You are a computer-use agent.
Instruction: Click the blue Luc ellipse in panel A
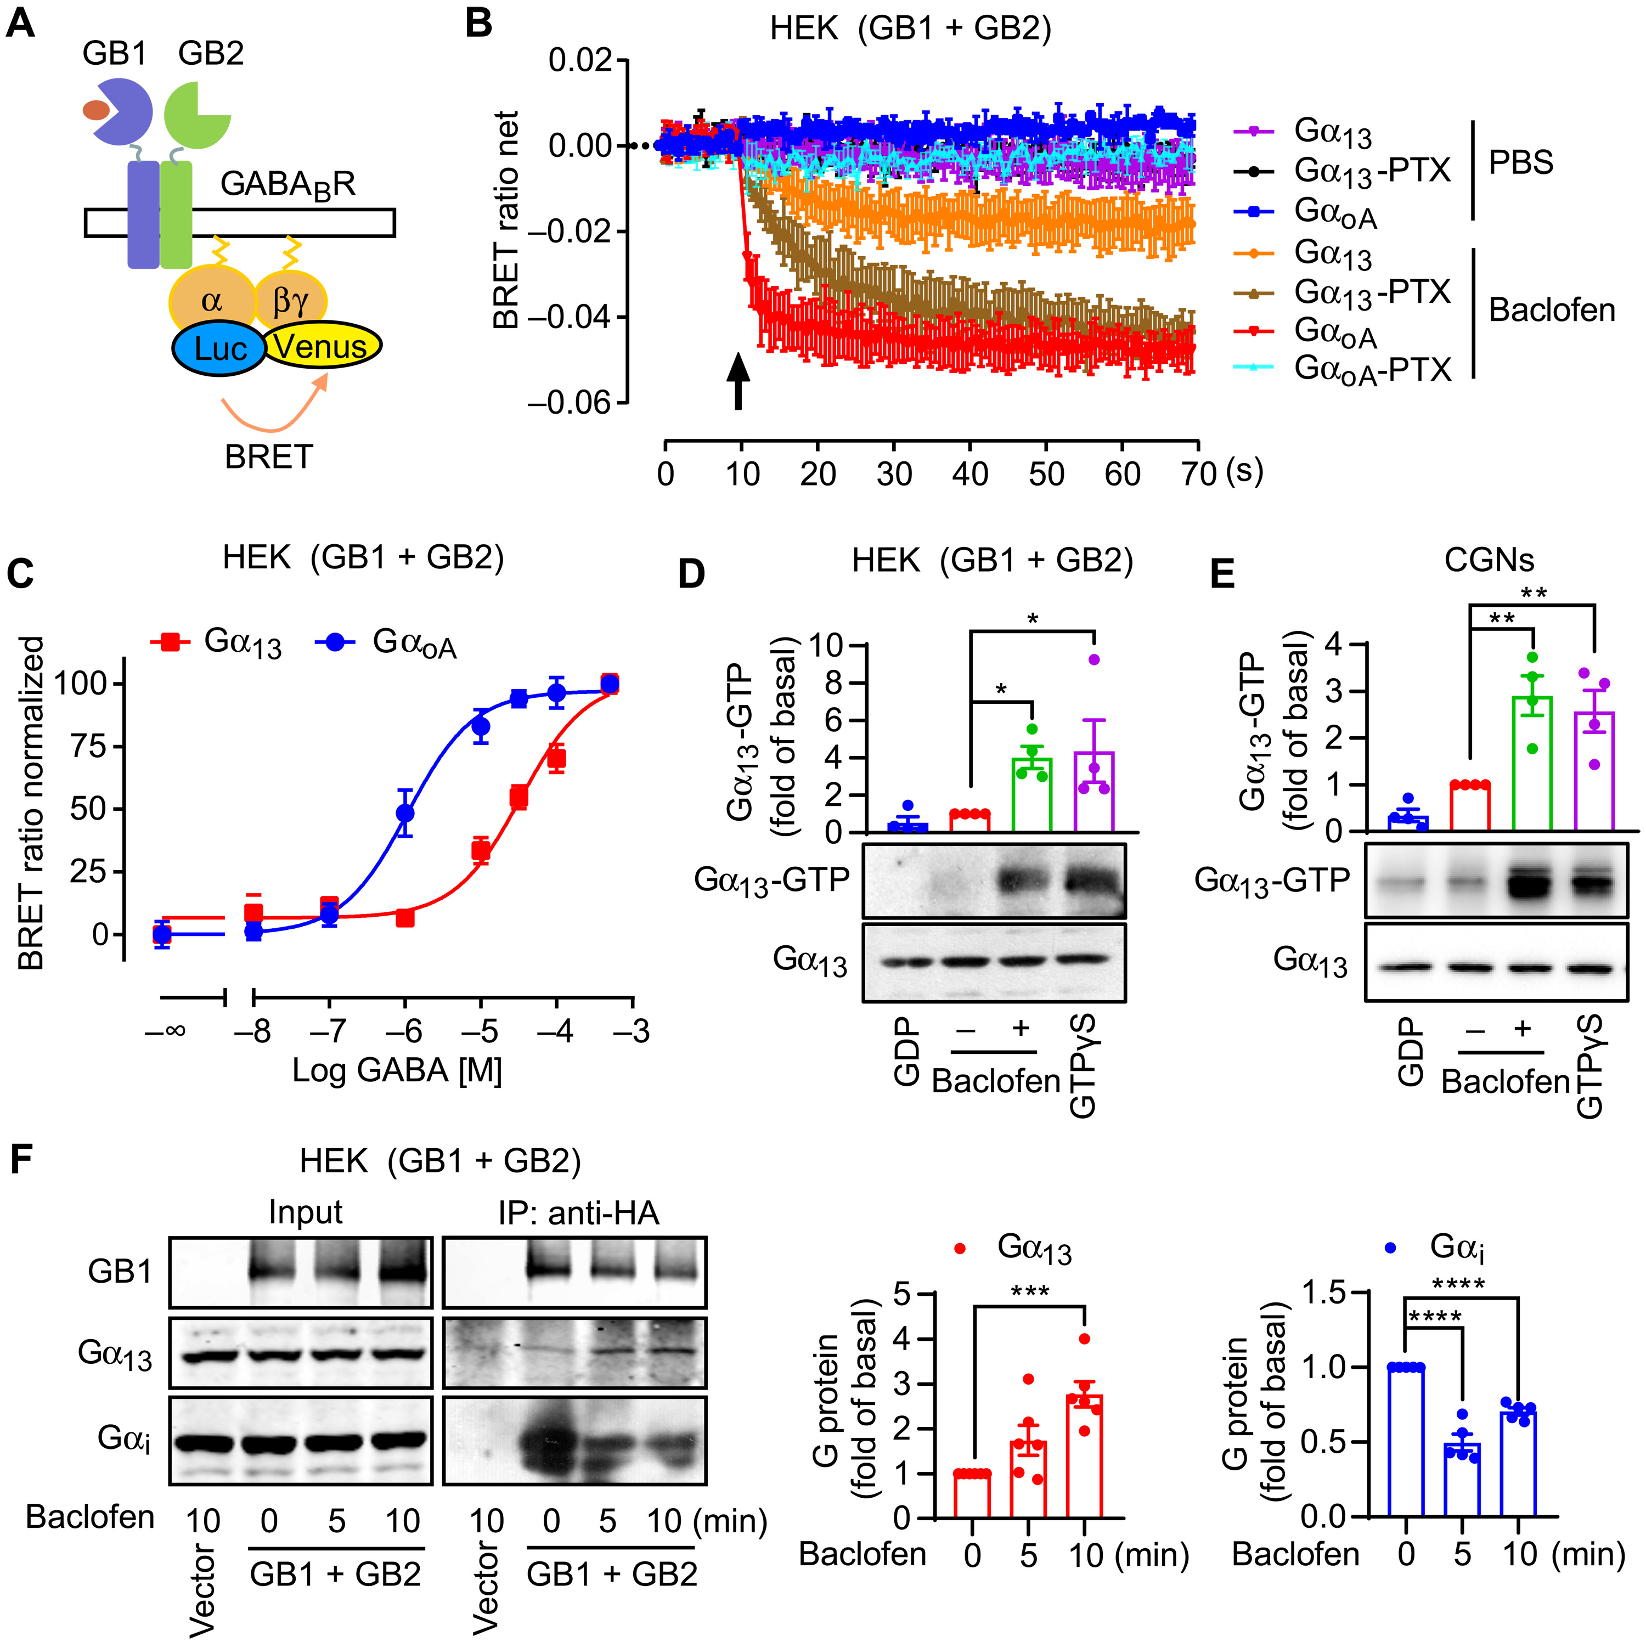point(220,348)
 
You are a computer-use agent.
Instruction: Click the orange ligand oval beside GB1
point(95,110)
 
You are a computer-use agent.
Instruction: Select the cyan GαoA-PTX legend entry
point(1343,369)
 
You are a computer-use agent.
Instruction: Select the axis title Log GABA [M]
point(397,1069)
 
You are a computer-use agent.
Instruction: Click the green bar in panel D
point(1031,794)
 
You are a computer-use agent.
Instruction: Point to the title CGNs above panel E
point(1489,559)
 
